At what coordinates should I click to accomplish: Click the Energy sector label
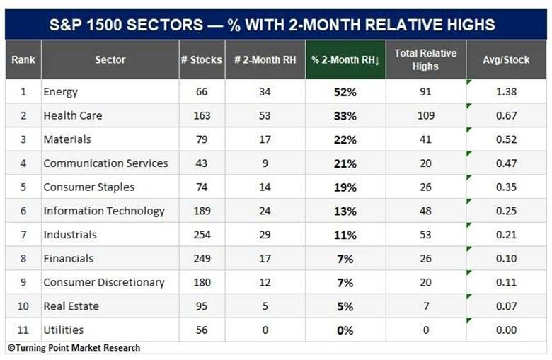(60, 92)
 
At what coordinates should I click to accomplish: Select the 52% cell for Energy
(345, 92)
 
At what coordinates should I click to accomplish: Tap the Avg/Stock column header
(506, 60)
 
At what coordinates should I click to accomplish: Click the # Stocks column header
(202, 60)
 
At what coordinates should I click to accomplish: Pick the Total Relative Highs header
(425, 60)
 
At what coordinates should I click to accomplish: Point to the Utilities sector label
(64, 330)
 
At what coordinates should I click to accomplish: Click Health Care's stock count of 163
(202, 115)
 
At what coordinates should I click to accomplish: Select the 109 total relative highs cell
(425, 115)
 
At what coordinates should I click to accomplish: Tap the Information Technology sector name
(104, 211)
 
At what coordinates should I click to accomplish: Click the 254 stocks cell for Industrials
(202, 235)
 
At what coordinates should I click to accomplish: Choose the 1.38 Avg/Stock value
(506, 92)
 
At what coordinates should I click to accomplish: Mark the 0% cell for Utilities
(345, 330)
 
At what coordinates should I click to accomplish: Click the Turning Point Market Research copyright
(74, 348)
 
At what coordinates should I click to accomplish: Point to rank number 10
(23, 306)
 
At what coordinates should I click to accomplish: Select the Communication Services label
(105, 163)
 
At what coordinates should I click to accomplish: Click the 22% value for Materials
(345, 140)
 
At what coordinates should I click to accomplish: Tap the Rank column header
(23, 60)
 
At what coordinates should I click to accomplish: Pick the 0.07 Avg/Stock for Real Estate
(506, 306)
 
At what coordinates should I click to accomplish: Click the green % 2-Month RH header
(345, 60)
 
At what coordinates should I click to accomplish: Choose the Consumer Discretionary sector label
(104, 283)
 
